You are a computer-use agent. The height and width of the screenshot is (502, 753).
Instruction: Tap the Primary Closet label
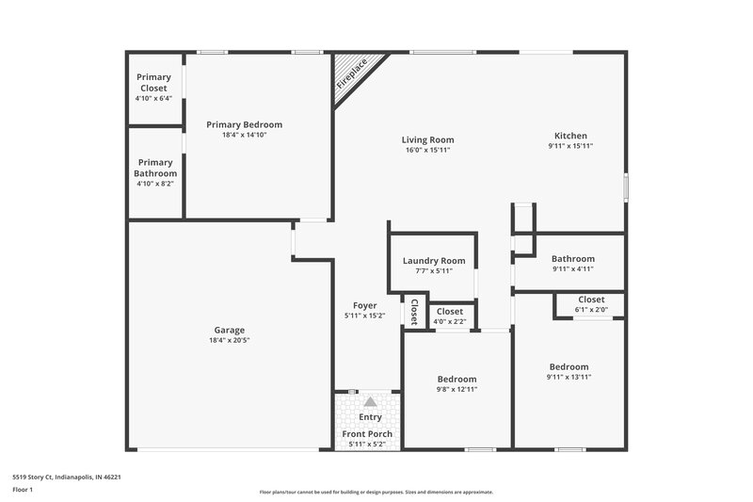pos(153,82)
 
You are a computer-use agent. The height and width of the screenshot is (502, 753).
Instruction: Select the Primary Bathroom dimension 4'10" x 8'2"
pos(155,185)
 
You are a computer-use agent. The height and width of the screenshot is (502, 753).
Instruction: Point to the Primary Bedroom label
pos(245,124)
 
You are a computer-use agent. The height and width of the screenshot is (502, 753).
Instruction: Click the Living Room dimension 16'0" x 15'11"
pos(428,150)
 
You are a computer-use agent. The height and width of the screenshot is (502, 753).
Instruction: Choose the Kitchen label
pos(570,135)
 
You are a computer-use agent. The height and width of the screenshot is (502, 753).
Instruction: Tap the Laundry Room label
pos(434,260)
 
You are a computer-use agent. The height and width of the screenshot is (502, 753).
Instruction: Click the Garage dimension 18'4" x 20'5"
pos(230,341)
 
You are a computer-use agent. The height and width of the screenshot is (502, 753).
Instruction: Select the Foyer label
pos(365,305)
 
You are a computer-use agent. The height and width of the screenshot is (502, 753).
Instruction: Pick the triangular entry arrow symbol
pos(370,401)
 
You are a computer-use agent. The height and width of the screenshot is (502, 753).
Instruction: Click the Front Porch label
pos(367,433)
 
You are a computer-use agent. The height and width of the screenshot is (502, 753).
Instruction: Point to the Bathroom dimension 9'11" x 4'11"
pos(572,269)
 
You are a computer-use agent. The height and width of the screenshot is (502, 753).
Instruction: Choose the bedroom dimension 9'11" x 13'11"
pos(569,377)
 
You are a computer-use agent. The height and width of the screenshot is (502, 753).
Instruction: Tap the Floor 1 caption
pos(24,490)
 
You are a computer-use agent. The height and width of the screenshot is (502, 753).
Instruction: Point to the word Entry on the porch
pos(370,415)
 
